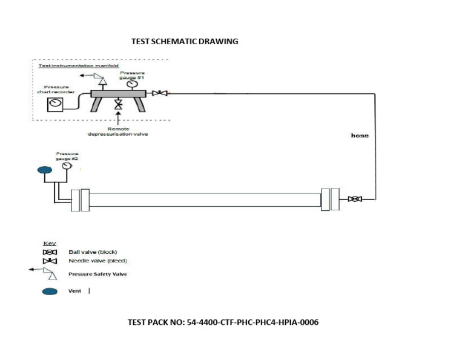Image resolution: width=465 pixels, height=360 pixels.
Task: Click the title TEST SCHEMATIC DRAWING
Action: tap(185, 42)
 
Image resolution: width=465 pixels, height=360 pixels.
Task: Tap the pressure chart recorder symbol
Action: tap(56, 104)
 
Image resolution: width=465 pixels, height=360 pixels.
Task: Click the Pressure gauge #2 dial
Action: tap(67, 165)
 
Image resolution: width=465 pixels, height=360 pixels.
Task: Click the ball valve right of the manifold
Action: tap(160, 93)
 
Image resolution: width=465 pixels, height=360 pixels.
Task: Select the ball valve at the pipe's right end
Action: tap(355, 199)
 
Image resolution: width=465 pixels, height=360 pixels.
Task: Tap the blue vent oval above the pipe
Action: tap(45, 170)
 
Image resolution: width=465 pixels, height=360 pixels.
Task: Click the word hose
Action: tap(360, 135)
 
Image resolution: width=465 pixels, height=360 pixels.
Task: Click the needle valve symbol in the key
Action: tap(51, 261)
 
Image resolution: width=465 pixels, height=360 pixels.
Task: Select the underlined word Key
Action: tap(50, 243)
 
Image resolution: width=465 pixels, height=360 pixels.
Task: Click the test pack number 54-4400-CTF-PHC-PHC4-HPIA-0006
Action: tap(223, 322)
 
